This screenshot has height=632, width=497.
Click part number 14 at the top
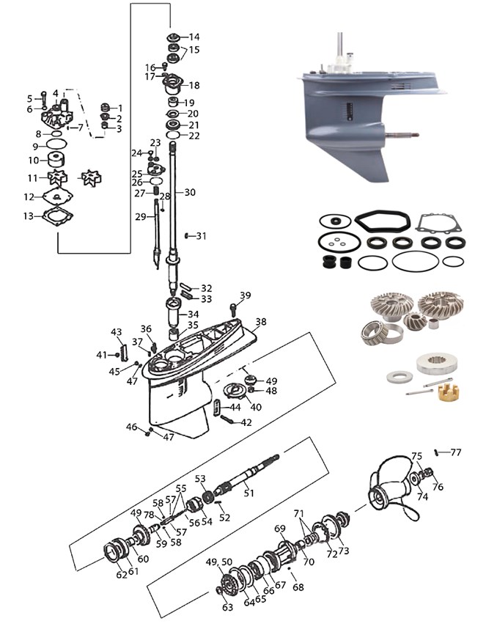point(194,37)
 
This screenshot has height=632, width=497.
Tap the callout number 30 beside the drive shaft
point(191,193)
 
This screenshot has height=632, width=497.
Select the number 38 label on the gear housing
point(261,322)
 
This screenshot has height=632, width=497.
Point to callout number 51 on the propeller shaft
point(248,493)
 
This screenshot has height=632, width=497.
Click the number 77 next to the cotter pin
point(456,452)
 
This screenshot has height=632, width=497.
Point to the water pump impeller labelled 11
point(57,178)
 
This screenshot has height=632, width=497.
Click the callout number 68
point(297,587)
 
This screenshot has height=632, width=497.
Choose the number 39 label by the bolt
point(245,295)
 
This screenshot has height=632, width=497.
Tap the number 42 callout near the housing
point(246,422)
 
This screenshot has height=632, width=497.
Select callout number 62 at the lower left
point(121,576)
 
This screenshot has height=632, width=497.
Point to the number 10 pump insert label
point(33,160)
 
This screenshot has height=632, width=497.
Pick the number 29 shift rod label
point(141,217)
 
